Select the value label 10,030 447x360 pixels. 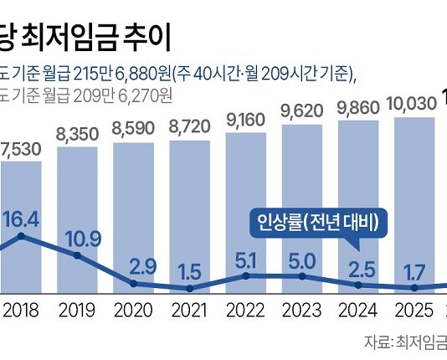(x=414, y=104)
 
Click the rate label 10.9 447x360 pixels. (x=81, y=238)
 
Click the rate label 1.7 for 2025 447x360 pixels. (x=417, y=270)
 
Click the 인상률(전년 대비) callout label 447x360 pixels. (x=316, y=223)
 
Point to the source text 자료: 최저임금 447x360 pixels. (x=405, y=342)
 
